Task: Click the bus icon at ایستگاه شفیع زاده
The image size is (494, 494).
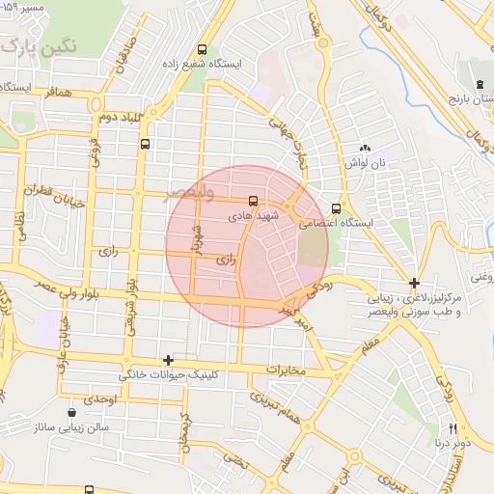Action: pos(202,49)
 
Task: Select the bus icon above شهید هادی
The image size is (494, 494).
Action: pos(253,202)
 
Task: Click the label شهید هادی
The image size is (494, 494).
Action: pos(253,217)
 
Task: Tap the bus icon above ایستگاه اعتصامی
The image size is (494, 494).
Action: pos(336,208)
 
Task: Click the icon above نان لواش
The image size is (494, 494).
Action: pos(366,149)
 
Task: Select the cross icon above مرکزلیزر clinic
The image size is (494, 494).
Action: pos(414,284)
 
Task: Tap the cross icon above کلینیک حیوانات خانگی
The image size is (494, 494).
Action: pos(169,360)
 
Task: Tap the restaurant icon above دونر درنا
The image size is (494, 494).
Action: pos(452,427)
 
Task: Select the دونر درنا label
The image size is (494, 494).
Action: pos(453,443)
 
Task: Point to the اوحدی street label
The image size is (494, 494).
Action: pos(99,398)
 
